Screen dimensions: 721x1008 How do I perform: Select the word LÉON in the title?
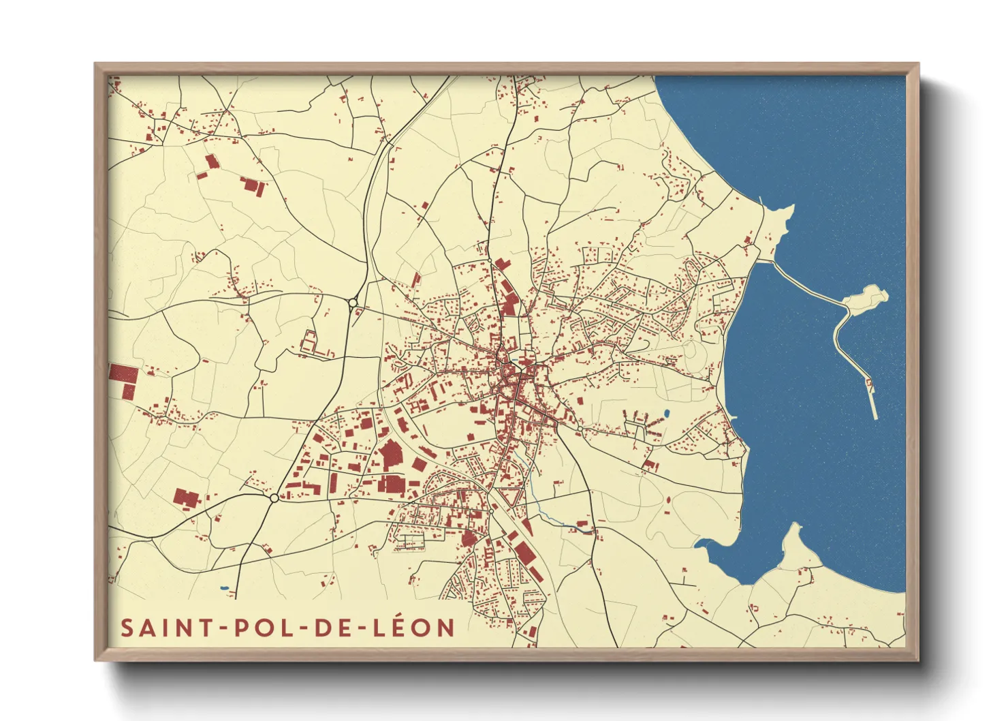(x=415, y=628)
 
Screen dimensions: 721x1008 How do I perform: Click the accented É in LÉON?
(x=398, y=627)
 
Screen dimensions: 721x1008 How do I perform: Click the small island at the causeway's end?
(x=866, y=299)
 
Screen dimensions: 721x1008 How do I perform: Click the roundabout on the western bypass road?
(x=353, y=303)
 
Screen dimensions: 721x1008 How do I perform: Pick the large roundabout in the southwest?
(x=274, y=498)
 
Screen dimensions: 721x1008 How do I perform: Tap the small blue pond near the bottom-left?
(x=224, y=587)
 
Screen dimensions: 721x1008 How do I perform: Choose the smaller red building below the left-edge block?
(x=128, y=391)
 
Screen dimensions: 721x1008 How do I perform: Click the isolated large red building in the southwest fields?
(x=184, y=498)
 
